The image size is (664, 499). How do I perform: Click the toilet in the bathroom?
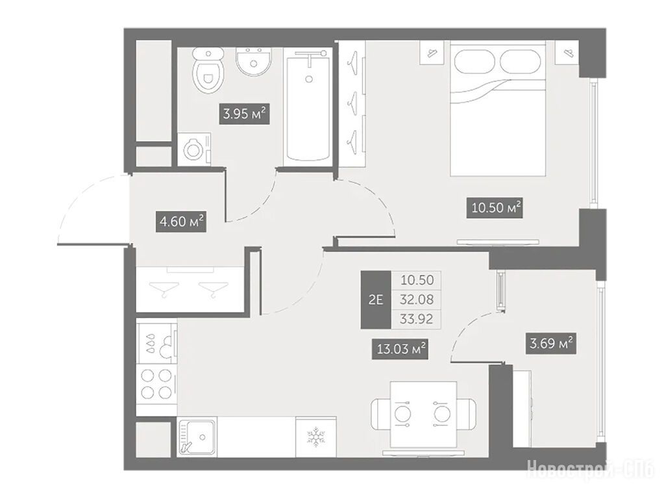208,70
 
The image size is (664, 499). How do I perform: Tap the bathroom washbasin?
253,62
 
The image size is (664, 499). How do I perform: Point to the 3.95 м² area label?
244,114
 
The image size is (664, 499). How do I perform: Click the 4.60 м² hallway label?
181,222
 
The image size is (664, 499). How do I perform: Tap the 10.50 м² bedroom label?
495,208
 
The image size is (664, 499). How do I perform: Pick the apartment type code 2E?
376,300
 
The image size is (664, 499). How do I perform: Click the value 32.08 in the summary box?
417,300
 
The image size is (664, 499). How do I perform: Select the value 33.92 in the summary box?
417,318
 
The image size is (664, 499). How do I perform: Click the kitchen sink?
197,437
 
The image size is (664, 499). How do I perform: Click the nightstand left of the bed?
432,53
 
